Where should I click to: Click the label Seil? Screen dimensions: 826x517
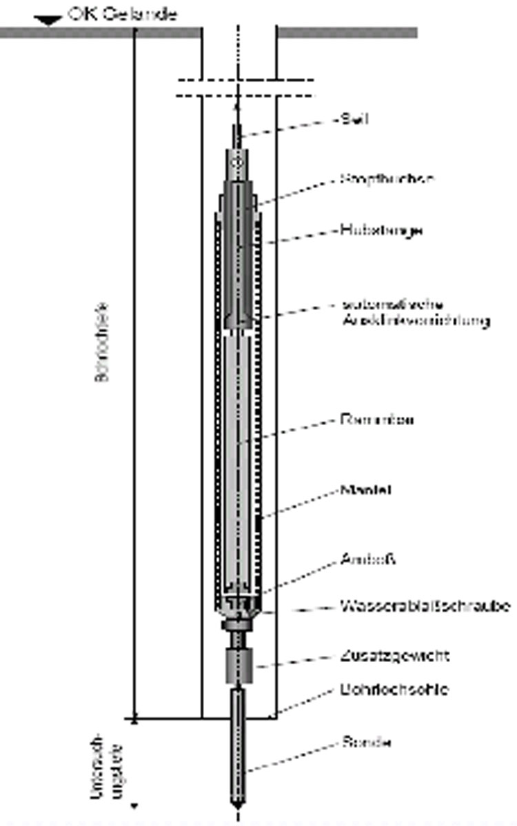point(355,119)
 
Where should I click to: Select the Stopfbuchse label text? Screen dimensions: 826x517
point(387,178)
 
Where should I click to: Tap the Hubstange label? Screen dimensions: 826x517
point(381,230)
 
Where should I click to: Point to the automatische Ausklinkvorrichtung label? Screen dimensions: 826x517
point(415,313)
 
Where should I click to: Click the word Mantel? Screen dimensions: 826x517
point(366,491)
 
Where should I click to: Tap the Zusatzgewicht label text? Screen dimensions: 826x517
point(394,655)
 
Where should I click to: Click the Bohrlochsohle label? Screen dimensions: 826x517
point(394,689)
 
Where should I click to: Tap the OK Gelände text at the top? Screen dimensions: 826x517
point(122,14)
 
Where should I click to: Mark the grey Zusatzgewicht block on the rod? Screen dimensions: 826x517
point(240,665)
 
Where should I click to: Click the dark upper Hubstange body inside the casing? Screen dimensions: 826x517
point(239,262)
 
